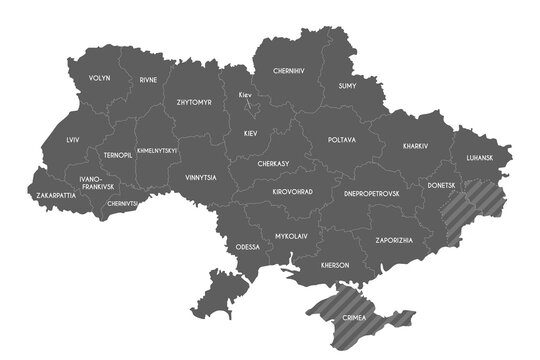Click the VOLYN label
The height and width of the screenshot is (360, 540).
100,78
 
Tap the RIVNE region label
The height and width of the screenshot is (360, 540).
148,79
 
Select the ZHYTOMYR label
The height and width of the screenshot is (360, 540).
193,102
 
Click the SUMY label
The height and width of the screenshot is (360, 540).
348,87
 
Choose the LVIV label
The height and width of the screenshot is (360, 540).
73,141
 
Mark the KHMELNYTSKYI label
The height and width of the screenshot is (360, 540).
157,151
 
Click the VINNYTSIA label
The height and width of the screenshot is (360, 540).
200,177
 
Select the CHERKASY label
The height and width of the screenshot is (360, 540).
273,163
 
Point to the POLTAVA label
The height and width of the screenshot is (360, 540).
341,140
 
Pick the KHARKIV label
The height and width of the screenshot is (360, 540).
415,146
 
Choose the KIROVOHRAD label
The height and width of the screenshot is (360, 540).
293,191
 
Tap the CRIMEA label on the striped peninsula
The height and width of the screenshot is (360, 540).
354,318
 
